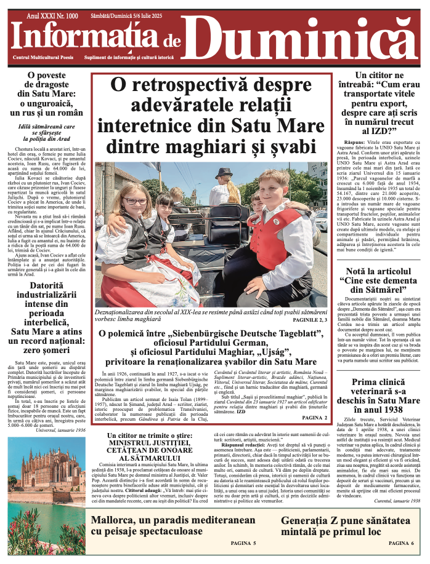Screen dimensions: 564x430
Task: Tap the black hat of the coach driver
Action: pyautogui.click(x=224, y=173)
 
